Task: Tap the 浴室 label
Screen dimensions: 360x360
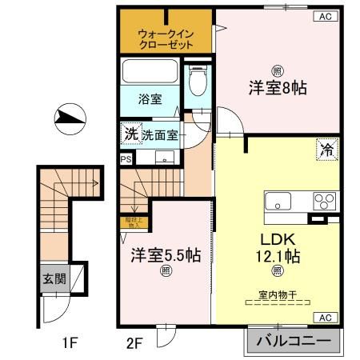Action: [x=150, y=99]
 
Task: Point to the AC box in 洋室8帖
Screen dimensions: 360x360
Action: [x=326, y=16]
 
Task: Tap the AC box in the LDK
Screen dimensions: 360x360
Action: [x=326, y=318]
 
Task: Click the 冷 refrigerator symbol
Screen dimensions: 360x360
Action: [x=326, y=148]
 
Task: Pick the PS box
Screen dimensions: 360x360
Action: [x=125, y=158]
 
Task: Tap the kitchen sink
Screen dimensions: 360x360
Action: [x=282, y=201]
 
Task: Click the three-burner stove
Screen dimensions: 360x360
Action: [x=324, y=201]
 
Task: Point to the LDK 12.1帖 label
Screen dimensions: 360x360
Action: [x=278, y=247]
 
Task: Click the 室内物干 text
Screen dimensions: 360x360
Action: [x=278, y=294]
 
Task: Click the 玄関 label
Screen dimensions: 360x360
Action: [x=54, y=281]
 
